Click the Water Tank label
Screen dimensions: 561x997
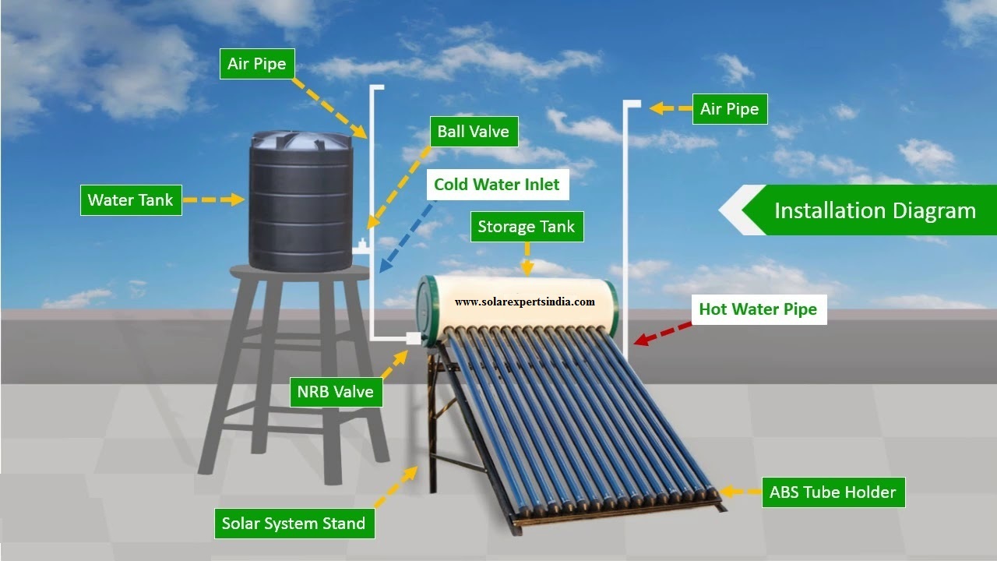(x=131, y=200)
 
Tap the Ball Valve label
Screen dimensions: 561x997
(x=473, y=131)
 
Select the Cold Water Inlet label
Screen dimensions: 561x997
(x=496, y=185)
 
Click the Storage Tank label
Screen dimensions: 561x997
(x=526, y=227)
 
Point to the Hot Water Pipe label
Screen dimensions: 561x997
(x=757, y=309)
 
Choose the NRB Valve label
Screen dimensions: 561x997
(x=335, y=391)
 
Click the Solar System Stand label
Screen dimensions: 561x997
(x=294, y=523)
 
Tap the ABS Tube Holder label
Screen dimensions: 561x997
(x=833, y=492)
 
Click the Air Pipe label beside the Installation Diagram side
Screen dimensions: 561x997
(x=729, y=109)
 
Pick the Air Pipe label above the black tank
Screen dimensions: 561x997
(x=256, y=64)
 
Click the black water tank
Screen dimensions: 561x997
(x=301, y=206)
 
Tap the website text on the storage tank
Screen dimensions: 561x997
(x=524, y=302)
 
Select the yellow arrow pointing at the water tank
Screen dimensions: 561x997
(x=213, y=200)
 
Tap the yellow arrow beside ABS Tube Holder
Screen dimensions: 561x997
(x=739, y=492)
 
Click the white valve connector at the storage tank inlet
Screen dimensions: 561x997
(x=413, y=339)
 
